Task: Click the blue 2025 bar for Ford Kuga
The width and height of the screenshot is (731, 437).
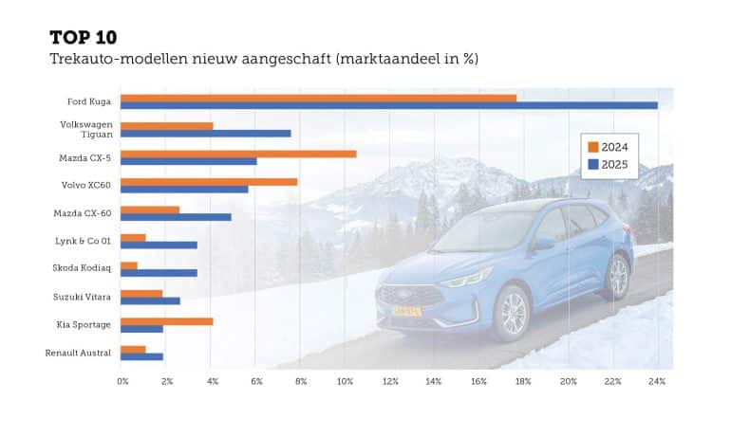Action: pyautogui.click(x=389, y=105)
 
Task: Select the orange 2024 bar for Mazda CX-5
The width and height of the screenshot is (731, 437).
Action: pyautogui.click(x=238, y=154)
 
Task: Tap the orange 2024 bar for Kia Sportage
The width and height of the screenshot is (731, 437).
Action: pyautogui.click(x=167, y=321)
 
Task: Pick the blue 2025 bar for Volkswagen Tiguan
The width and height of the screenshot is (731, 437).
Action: pyautogui.click(x=206, y=134)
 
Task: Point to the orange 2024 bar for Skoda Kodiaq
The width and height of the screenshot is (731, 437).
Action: pyautogui.click(x=129, y=265)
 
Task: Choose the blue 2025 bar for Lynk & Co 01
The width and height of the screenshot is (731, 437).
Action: pyautogui.click(x=159, y=245)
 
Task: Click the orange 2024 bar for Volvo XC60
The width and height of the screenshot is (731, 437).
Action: pyautogui.click(x=209, y=181)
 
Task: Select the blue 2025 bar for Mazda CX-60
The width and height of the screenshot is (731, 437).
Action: pyautogui.click(x=176, y=217)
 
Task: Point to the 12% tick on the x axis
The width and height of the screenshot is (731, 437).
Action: pyautogui.click(x=390, y=381)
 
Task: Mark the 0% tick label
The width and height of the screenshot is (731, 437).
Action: pyautogui.click(x=122, y=381)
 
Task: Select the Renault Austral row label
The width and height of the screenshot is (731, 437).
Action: pyautogui.click(x=78, y=354)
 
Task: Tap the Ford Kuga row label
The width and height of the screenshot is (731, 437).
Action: pyautogui.click(x=89, y=101)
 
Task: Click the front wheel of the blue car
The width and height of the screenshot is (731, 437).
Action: pyautogui.click(x=512, y=313)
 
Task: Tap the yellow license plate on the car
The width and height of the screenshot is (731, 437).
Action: pyautogui.click(x=405, y=311)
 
